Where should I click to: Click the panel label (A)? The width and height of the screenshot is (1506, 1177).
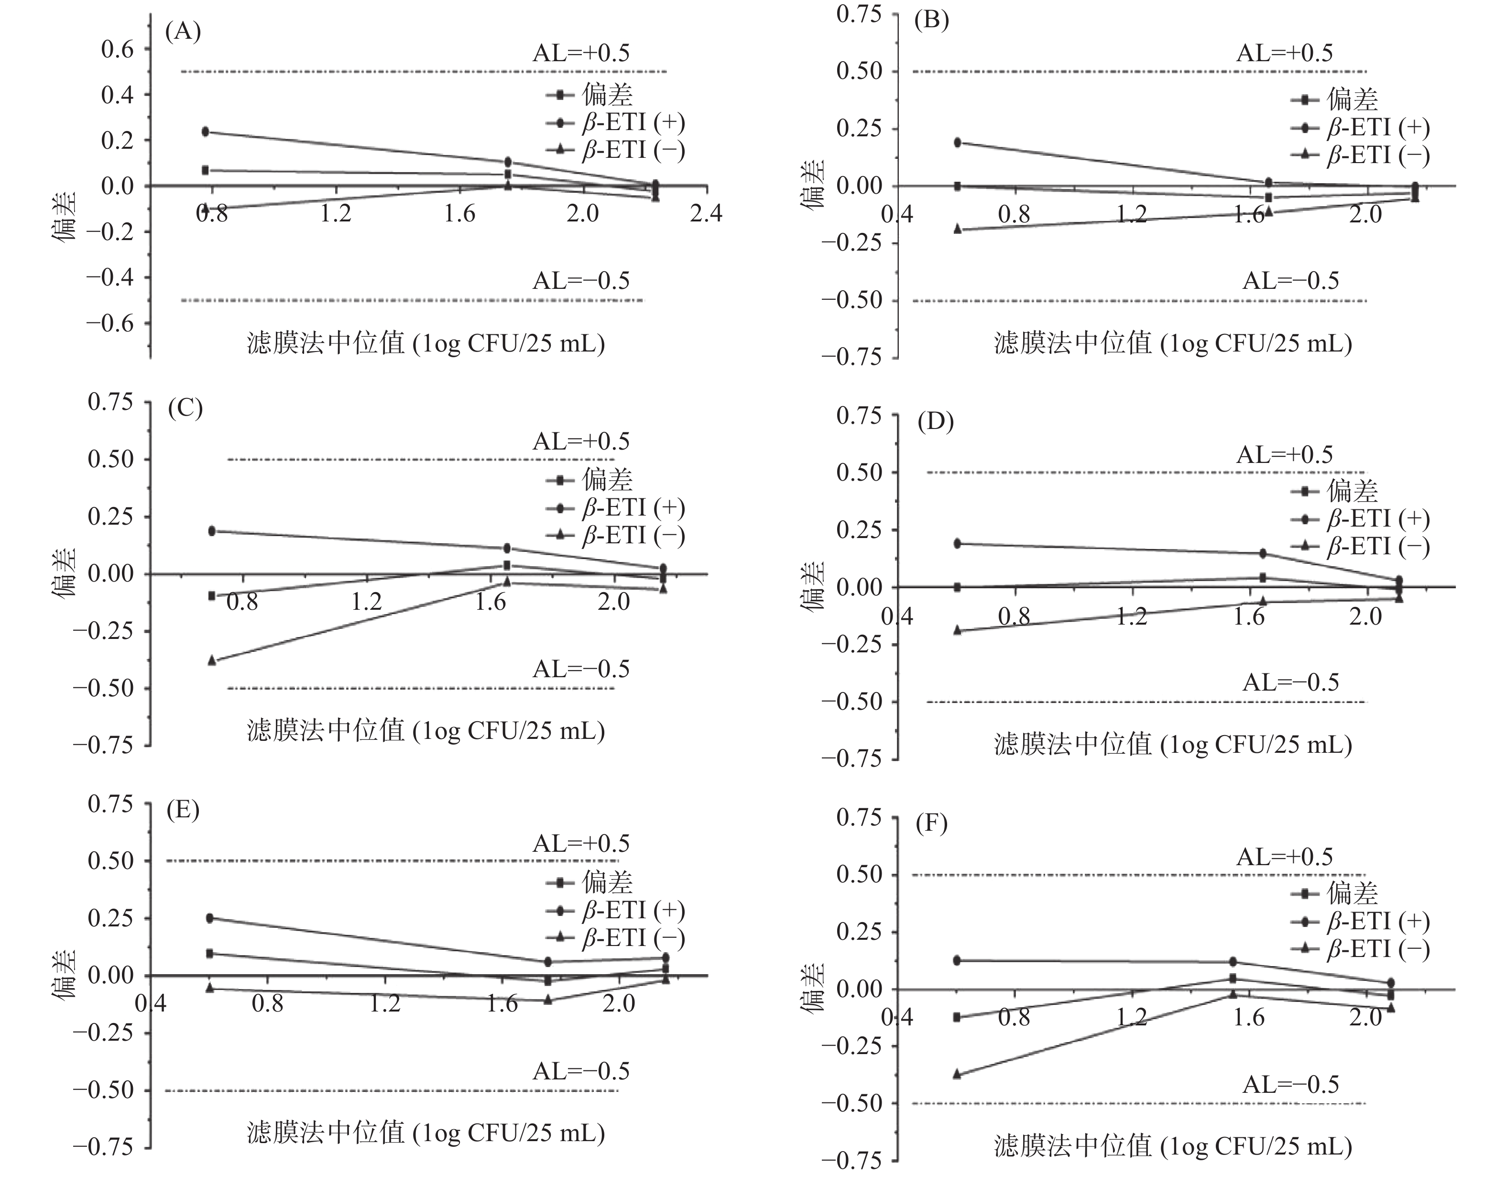183,32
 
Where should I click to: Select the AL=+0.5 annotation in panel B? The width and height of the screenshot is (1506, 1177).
1284,53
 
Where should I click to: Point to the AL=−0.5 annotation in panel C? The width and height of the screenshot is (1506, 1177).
580,669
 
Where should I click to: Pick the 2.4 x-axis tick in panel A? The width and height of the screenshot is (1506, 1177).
706,213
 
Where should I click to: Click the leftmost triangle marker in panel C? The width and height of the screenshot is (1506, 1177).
212,660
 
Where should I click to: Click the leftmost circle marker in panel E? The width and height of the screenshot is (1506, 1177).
209,918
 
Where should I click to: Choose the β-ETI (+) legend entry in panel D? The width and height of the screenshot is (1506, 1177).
1360,519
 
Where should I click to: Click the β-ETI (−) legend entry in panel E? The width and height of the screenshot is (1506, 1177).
615,938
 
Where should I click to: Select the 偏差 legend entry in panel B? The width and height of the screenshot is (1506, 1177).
1334,100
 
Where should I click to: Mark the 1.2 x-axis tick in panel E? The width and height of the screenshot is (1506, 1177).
385,1002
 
